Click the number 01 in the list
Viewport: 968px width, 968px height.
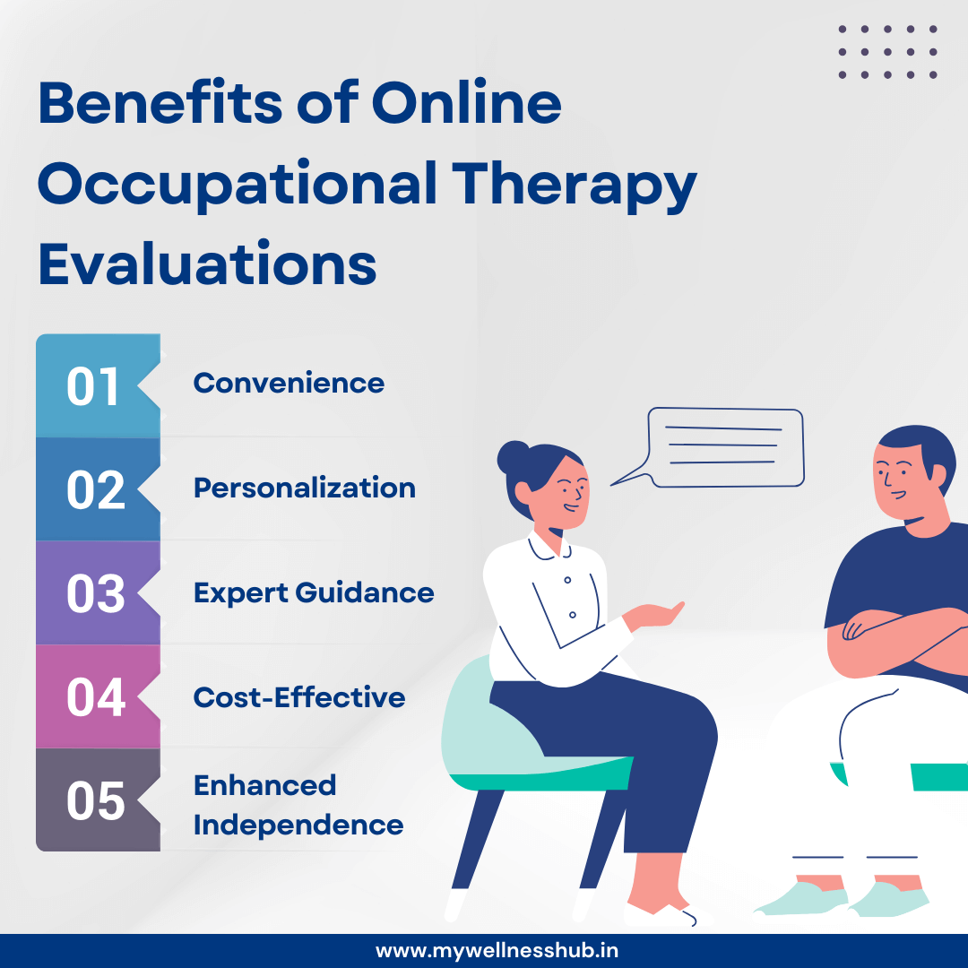pos(93,386)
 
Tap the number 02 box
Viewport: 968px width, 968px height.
pos(95,489)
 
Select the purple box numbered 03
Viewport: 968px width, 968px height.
pos(95,593)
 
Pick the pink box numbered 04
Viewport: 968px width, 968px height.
pos(95,697)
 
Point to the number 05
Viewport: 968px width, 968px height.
pos(95,800)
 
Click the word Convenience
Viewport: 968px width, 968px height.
pos(289,384)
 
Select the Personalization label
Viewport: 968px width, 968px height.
pos(305,488)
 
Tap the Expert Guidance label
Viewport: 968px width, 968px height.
pos(314,593)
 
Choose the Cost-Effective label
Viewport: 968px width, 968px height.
pos(299,697)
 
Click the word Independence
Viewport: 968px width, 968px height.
pos(298,825)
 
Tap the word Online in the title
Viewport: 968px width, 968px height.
pos(467,105)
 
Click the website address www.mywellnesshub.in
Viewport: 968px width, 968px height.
pos(497,950)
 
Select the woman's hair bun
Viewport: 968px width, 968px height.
pos(514,455)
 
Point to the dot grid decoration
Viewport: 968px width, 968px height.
pos(887,52)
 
